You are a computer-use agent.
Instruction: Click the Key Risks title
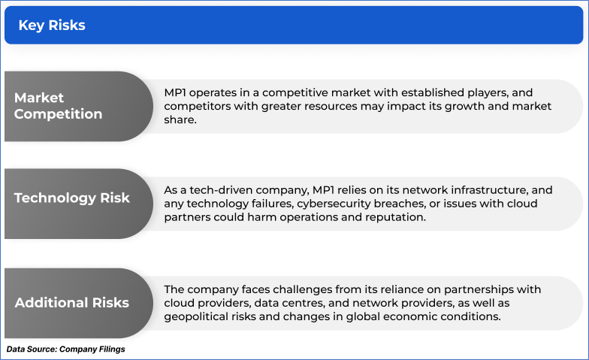(52, 26)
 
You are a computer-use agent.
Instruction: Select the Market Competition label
(59, 106)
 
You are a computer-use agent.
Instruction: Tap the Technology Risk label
(72, 198)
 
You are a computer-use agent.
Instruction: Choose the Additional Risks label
(72, 302)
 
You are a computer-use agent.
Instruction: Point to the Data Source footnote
(66, 349)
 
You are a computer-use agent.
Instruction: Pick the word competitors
(197, 107)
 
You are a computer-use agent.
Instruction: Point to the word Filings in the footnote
(110, 349)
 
